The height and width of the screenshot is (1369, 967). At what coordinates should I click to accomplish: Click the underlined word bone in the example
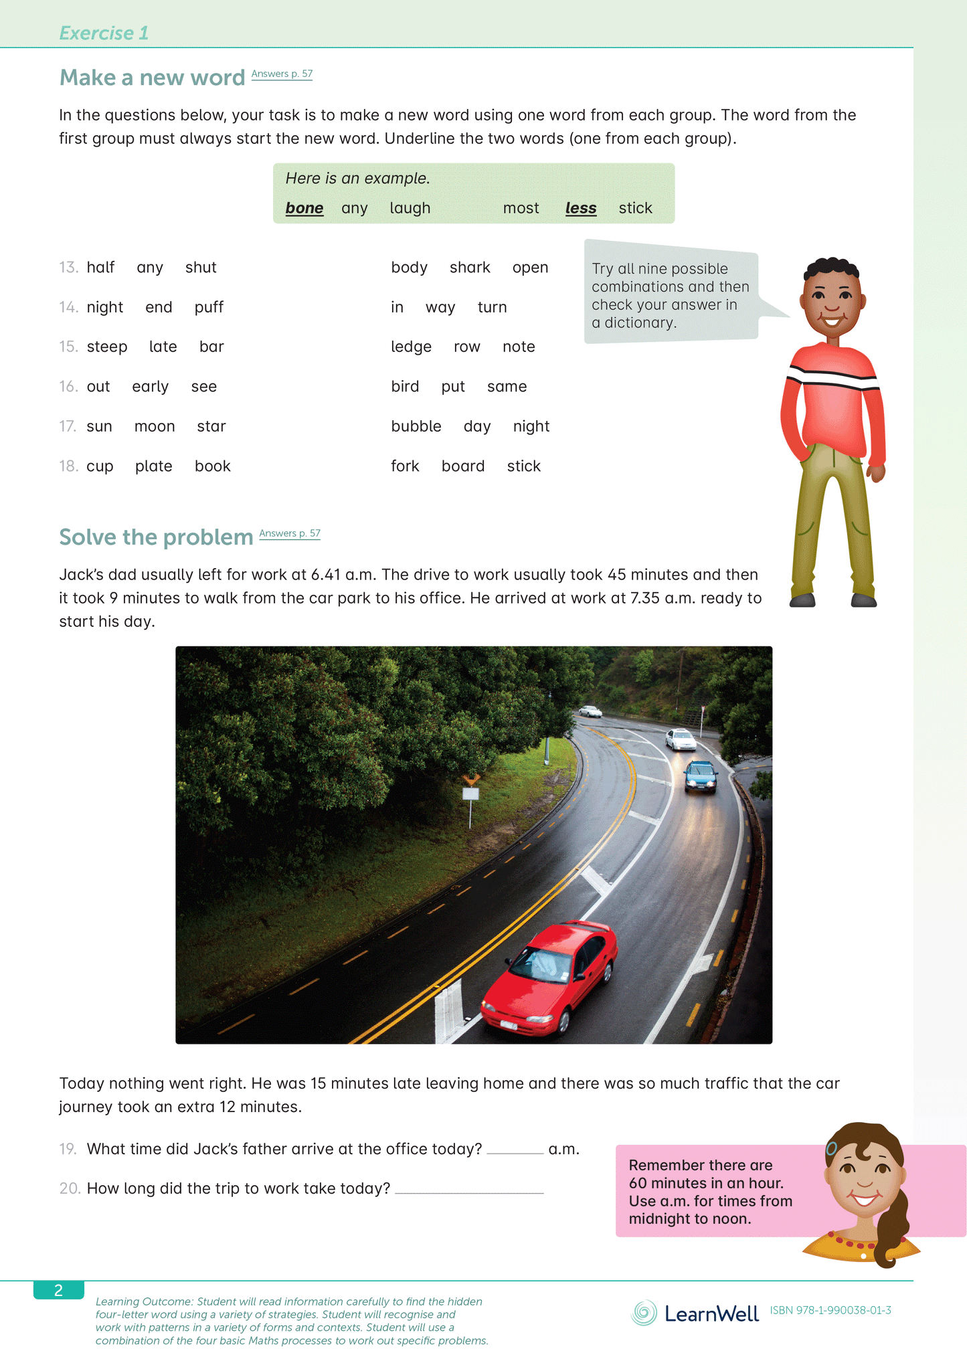304,208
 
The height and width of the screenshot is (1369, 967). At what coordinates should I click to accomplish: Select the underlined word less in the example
580,208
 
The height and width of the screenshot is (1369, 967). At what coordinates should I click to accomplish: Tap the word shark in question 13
470,268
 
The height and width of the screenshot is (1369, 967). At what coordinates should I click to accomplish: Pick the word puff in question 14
209,307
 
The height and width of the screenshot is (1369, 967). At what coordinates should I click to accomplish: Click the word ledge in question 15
411,347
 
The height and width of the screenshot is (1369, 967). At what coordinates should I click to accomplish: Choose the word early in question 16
150,387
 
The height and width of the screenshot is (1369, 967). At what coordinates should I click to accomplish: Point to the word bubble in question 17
416,426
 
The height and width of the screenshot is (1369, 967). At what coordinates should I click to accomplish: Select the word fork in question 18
405,466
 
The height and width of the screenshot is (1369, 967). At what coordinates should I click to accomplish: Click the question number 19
68,1149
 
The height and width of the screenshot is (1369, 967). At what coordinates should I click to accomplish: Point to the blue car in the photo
700,776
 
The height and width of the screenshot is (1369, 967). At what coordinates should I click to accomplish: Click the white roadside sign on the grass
470,794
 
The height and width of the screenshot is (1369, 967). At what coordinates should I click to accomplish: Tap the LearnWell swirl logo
644,1313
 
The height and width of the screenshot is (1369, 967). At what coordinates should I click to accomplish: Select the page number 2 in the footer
58,1291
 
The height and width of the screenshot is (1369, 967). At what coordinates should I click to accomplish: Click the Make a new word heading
152,78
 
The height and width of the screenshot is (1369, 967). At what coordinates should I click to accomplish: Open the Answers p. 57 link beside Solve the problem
289,533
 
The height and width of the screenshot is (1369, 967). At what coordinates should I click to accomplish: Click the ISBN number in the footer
830,1310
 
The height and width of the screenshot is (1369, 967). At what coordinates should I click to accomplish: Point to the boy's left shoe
863,600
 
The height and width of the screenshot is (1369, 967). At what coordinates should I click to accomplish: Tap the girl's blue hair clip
831,1148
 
